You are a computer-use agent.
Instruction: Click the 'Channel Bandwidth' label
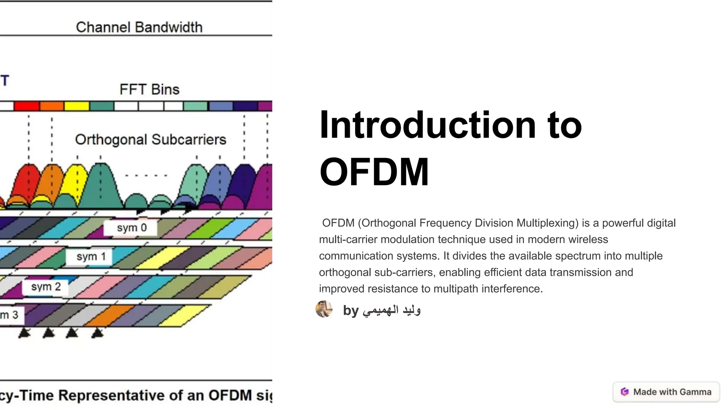(x=139, y=27)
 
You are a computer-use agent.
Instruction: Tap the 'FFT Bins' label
(x=149, y=89)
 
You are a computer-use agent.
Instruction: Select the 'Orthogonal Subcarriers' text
(x=150, y=140)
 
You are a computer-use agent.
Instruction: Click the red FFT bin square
(x=27, y=106)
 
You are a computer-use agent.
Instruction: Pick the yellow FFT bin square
(x=76, y=106)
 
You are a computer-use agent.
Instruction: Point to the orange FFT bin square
(x=52, y=106)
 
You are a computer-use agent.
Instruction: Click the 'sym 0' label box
(x=131, y=228)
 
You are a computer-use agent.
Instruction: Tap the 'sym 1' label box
(x=90, y=257)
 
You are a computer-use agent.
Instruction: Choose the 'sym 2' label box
(x=45, y=287)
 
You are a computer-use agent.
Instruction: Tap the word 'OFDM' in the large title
(x=374, y=172)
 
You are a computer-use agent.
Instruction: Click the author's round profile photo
(x=324, y=309)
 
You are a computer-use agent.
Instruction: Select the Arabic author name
(x=391, y=310)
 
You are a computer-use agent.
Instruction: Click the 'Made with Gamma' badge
(x=666, y=392)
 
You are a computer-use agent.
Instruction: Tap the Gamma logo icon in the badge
(x=625, y=392)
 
